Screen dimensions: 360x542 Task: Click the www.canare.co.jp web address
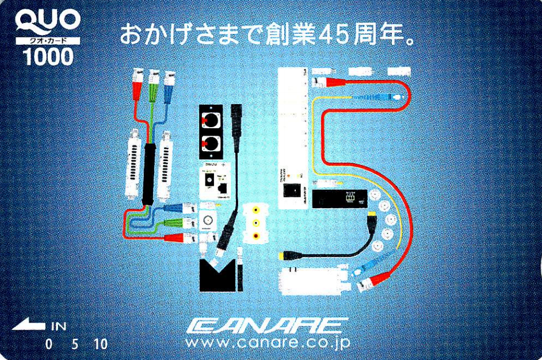click(267, 344)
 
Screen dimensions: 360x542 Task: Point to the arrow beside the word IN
click(28, 326)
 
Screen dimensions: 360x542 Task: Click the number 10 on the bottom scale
click(100, 344)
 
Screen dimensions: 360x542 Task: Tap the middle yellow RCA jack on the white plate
click(255, 221)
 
